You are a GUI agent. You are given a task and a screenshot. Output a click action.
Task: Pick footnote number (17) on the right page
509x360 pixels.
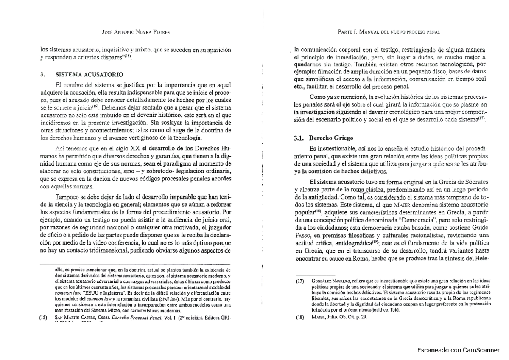pyautogui.click(x=300, y=281)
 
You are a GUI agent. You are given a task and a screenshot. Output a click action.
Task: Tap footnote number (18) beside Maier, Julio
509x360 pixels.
pyautogui.click(x=300, y=317)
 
